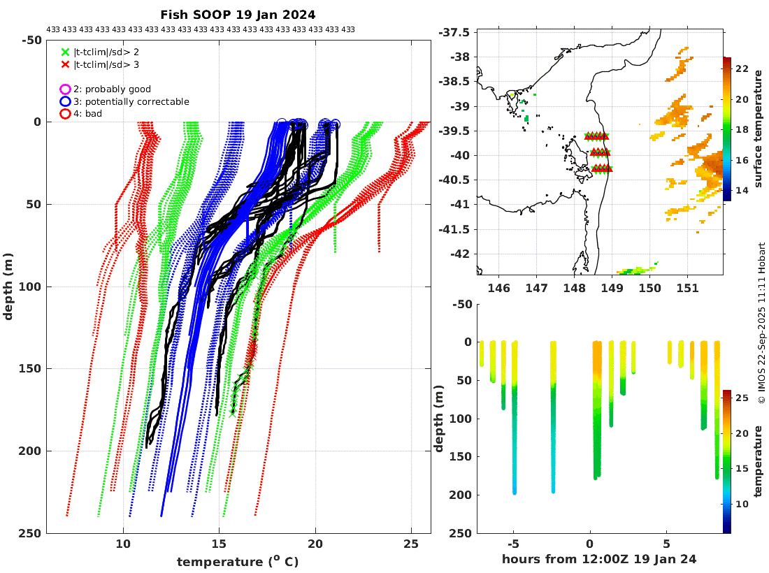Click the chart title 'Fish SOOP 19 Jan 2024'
(x=238, y=14)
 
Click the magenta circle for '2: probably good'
(x=65, y=89)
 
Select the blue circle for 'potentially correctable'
(x=65, y=101)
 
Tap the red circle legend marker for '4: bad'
(x=65, y=113)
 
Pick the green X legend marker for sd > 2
(x=66, y=52)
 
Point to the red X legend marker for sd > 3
(x=66, y=64)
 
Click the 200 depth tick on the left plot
(x=31, y=451)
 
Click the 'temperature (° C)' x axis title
(x=238, y=561)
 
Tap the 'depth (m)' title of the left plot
(x=8, y=286)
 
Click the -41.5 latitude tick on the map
(x=462, y=229)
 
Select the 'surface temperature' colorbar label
(x=759, y=130)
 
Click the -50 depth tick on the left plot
(x=31, y=40)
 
